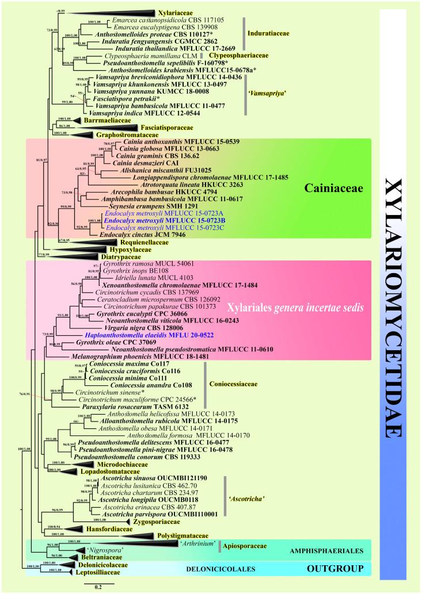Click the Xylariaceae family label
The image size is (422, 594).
click(x=176, y=12)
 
